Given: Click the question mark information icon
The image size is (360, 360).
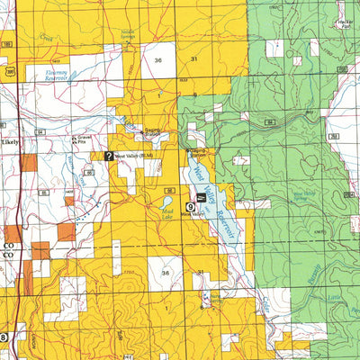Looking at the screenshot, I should tap(109, 156).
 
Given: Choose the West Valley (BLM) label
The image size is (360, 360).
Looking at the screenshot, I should tap(134, 157).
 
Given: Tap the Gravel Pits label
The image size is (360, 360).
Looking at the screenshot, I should tap(83, 139).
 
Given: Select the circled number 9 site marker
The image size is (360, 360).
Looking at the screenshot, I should tap(190, 206).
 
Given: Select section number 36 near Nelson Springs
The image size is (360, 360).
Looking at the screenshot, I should tap(159, 59).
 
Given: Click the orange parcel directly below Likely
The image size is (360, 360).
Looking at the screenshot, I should tap(30, 163).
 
